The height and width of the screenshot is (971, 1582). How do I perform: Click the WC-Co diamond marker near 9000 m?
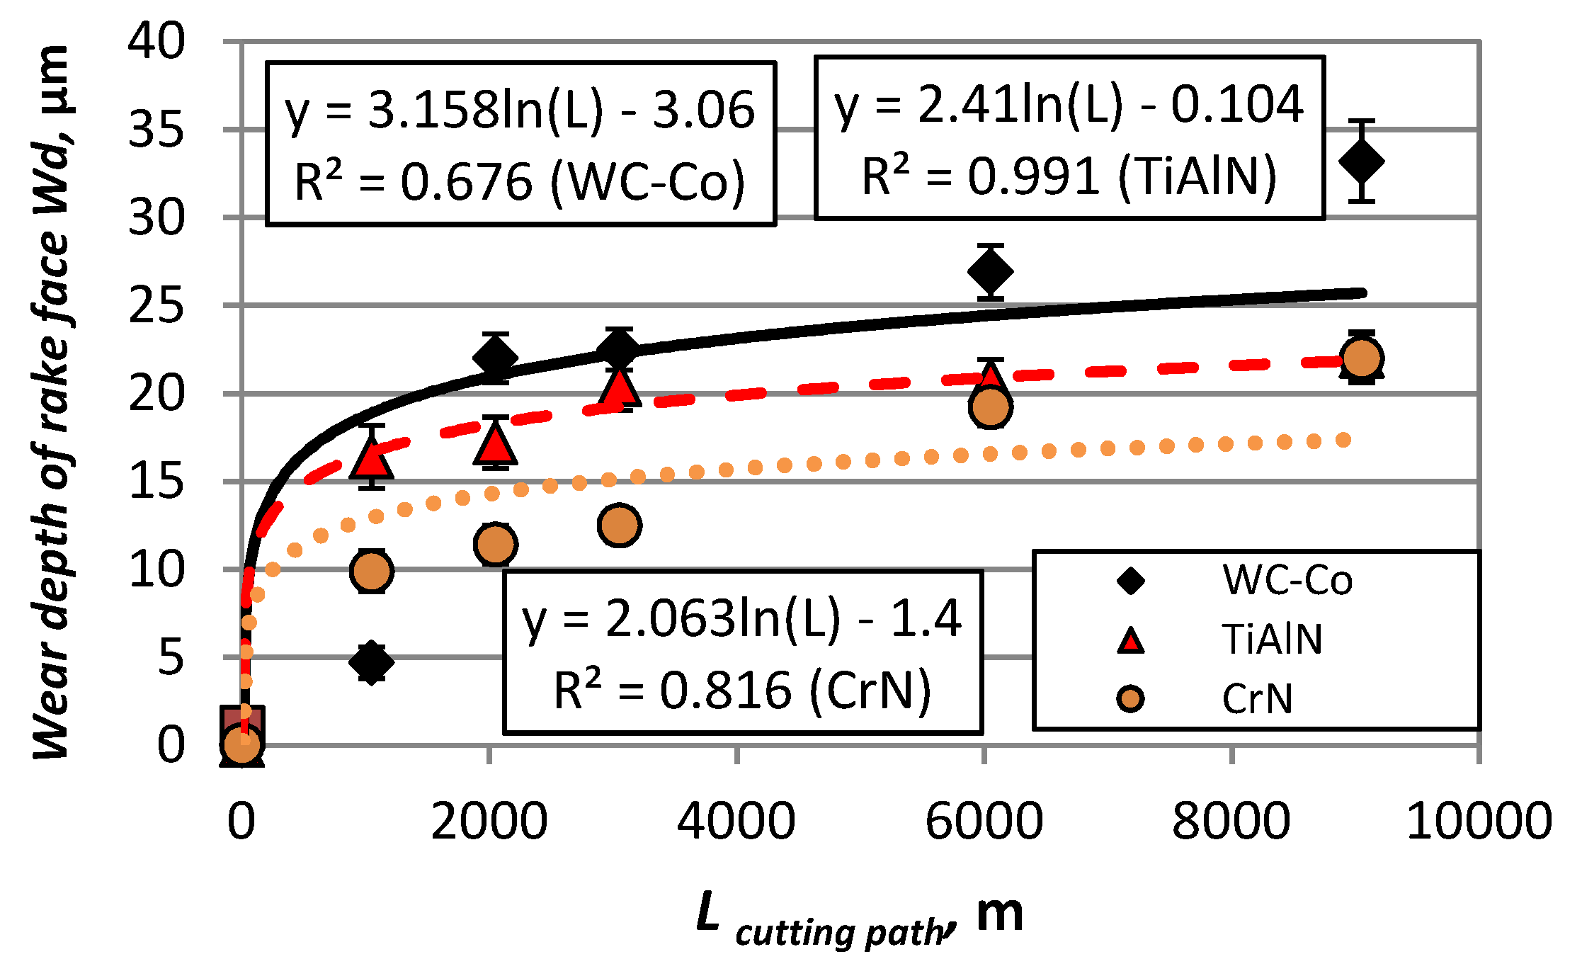pos(1361,161)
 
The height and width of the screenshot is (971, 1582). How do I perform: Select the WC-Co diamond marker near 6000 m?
pos(990,271)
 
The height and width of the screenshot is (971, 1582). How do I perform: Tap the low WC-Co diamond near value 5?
pos(371,662)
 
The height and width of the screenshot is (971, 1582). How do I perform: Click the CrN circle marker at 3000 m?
pos(619,525)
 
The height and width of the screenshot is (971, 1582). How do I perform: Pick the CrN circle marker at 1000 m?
pos(371,570)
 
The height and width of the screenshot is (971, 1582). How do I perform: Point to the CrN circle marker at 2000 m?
pos(495,544)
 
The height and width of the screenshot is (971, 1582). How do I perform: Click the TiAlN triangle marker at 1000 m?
pos(371,458)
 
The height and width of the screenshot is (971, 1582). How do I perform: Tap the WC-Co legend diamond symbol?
pos(1130,581)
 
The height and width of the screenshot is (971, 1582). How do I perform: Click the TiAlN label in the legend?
pos(1272,640)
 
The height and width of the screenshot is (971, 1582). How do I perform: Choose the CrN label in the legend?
pos(1257,699)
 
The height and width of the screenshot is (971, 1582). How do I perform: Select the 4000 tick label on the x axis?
pos(736,821)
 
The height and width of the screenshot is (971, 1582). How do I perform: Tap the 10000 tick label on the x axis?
pos(1479,821)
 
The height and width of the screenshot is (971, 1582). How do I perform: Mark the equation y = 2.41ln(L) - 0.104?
pos(1069,105)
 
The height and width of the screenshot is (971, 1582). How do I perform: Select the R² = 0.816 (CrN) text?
pos(741,691)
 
